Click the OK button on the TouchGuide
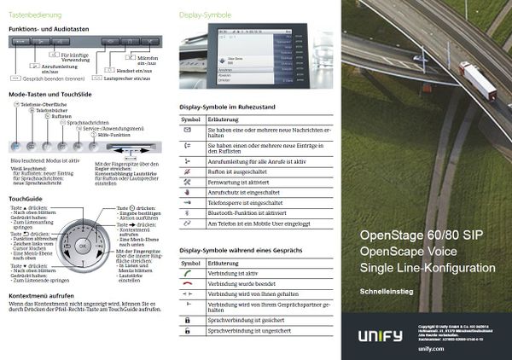(83, 246)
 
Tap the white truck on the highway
(479, 80)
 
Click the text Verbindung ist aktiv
(235, 274)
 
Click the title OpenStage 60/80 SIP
(419, 235)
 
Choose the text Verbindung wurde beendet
(241, 283)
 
